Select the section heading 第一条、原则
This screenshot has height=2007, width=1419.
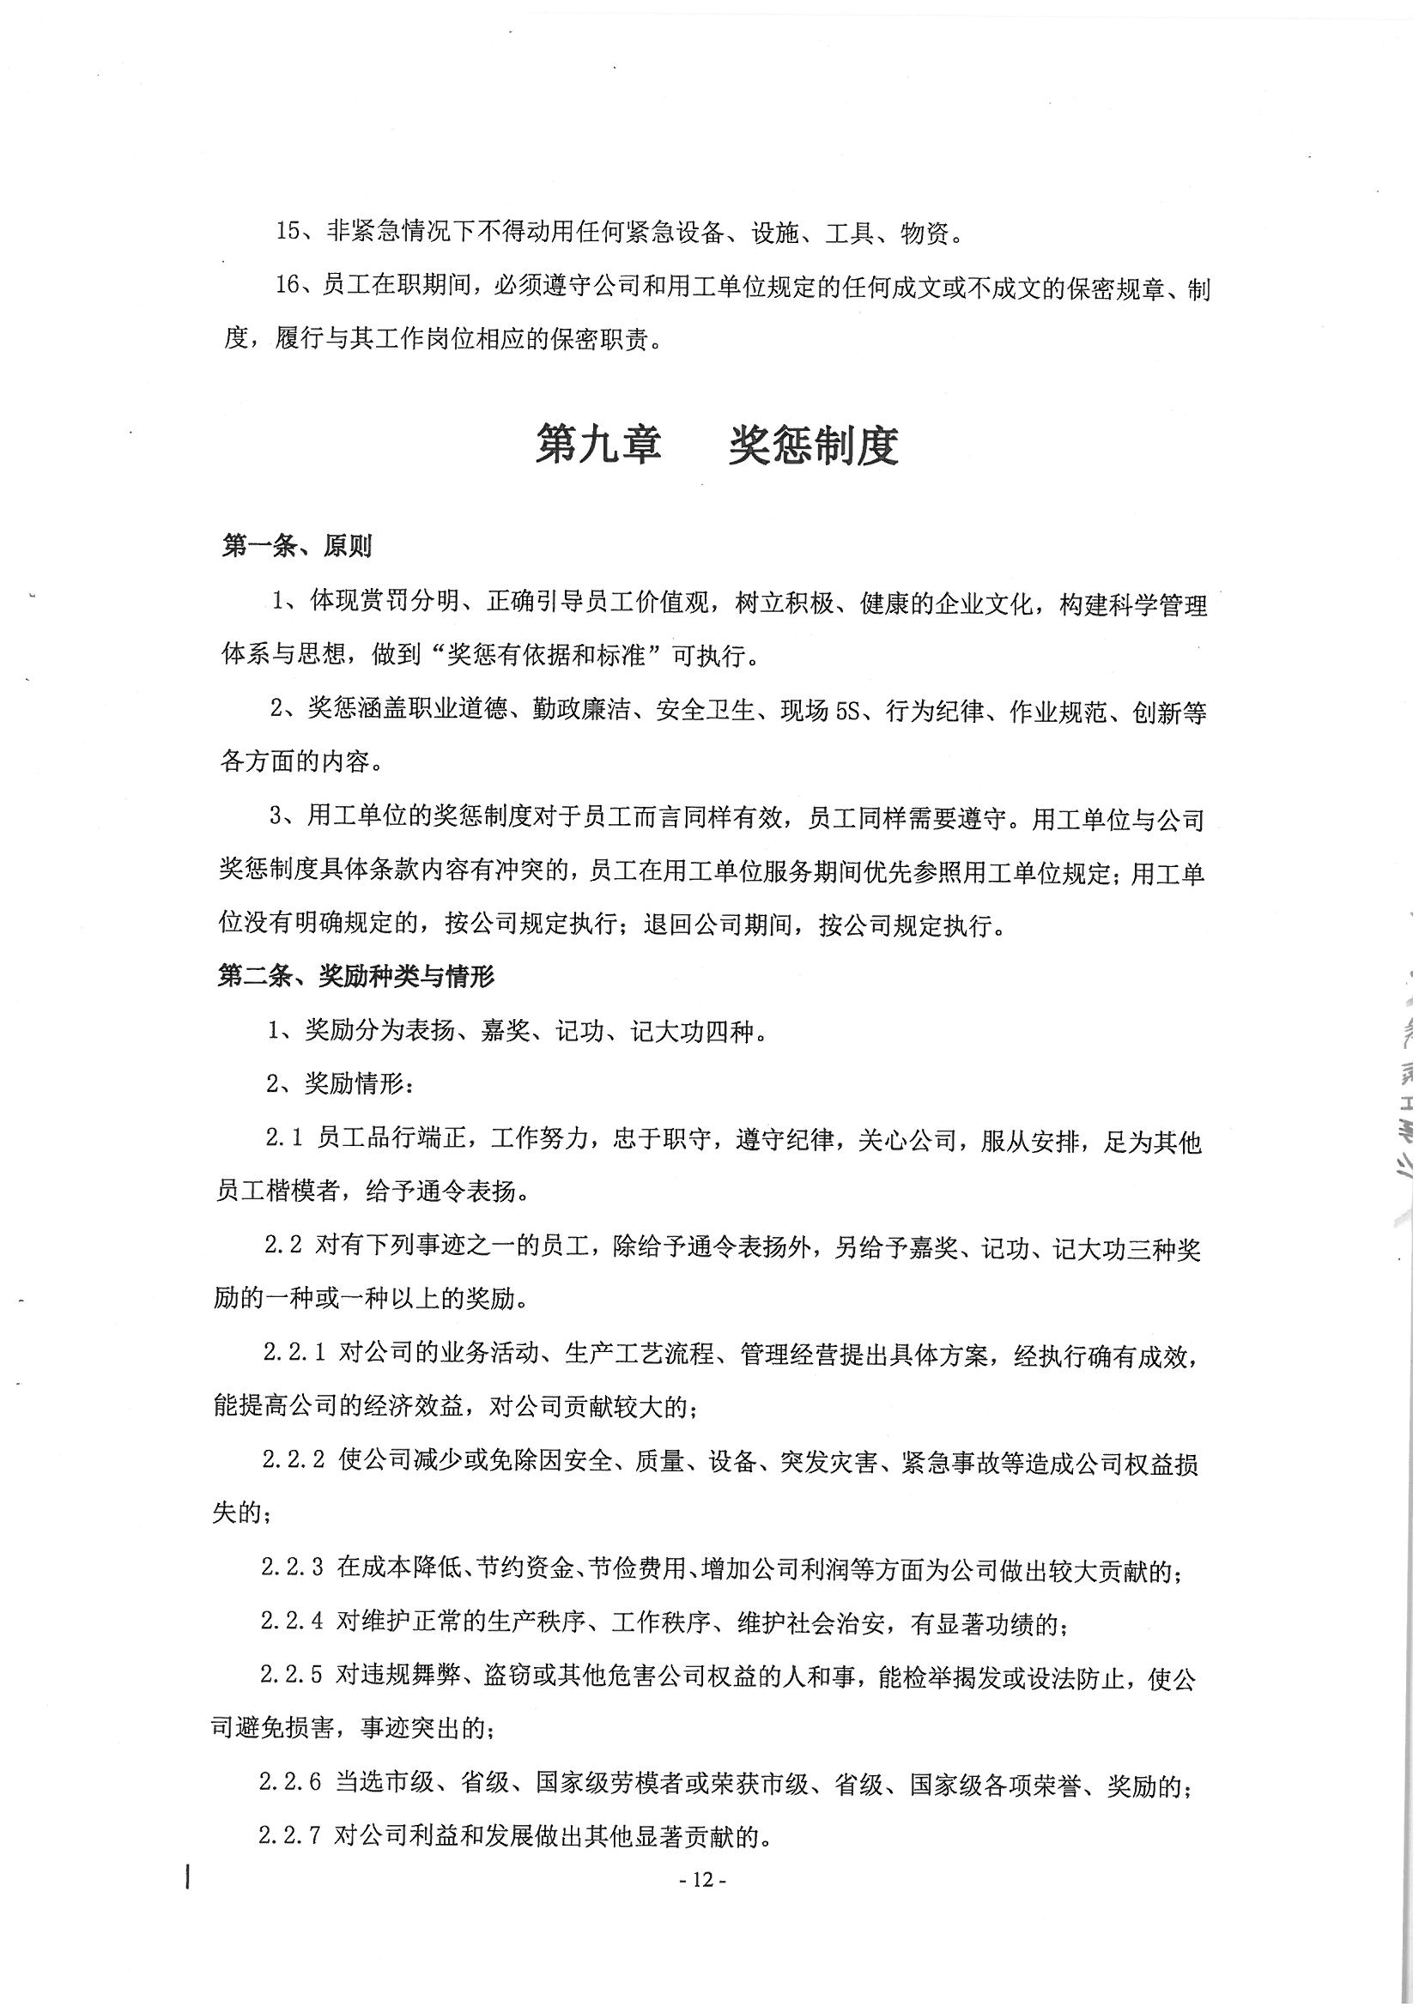[x=297, y=546]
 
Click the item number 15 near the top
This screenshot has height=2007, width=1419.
[x=288, y=232]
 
